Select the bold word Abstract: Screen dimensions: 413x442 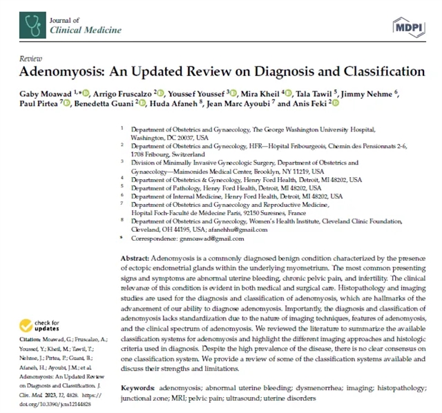pos(138,257)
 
